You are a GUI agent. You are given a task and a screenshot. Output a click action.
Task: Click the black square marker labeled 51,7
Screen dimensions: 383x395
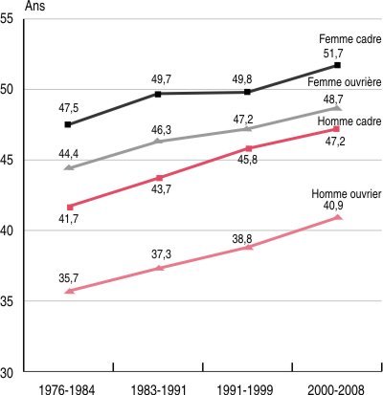(x=337, y=65)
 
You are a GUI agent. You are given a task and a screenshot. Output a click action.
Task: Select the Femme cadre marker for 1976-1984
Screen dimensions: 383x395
(x=68, y=124)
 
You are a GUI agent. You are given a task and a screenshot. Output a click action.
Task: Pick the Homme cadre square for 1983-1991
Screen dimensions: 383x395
(x=160, y=178)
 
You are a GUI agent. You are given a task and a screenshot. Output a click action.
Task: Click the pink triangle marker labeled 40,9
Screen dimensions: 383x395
(x=338, y=217)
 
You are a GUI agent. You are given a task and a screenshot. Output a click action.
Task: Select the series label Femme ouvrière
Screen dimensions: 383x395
(x=345, y=82)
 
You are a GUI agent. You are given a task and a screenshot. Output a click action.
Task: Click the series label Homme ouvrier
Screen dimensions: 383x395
(x=347, y=194)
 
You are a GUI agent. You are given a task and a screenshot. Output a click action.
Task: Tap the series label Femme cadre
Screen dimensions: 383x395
(x=350, y=39)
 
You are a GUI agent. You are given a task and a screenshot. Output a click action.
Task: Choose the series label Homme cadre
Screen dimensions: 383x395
(x=349, y=121)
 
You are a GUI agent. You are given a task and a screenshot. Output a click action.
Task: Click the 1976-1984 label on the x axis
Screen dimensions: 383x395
(x=67, y=389)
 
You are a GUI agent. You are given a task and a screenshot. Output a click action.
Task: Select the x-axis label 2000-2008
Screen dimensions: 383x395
(x=336, y=389)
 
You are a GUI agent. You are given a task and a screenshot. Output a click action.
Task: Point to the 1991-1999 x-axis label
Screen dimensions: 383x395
(x=245, y=389)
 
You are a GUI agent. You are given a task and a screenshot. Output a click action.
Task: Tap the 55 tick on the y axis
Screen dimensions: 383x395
(x=7, y=19)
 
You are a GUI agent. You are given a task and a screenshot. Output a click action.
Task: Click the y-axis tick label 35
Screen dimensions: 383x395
(x=7, y=301)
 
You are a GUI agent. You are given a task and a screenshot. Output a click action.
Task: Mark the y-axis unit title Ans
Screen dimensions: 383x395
(x=35, y=6)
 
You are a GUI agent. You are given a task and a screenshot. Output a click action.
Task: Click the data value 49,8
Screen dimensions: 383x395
(x=242, y=79)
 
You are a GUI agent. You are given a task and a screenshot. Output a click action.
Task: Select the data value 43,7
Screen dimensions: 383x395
(x=161, y=189)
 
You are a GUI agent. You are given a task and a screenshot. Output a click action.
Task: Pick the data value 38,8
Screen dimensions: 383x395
(x=242, y=239)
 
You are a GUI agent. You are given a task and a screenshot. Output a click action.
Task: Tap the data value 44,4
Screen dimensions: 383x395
(x=68, y=154)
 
